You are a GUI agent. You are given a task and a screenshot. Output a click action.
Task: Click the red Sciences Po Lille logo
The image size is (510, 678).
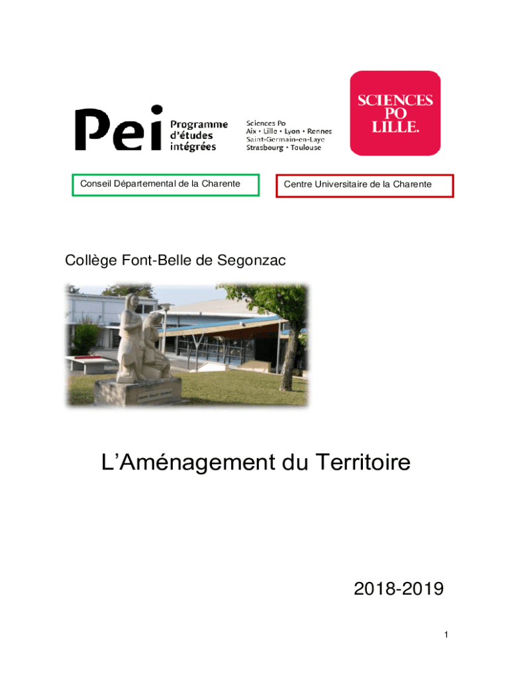(x=395, y=113)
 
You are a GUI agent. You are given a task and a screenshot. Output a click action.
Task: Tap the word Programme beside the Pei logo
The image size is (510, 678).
(x=199, y=124)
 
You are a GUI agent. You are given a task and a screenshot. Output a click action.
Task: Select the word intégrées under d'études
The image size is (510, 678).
(x=193, y=147)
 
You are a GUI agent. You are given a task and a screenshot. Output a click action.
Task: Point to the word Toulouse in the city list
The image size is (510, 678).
(x=304, y=147)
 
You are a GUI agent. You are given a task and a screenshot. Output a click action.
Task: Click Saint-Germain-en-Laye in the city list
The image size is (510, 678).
(x=289, y=139)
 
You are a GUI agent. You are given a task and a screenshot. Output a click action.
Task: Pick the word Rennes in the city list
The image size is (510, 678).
(x=319, y=131)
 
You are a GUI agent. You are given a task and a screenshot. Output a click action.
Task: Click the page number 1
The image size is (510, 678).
(x=446, y=635)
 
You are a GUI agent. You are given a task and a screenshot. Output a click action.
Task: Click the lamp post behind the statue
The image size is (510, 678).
(x=166, y=331)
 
